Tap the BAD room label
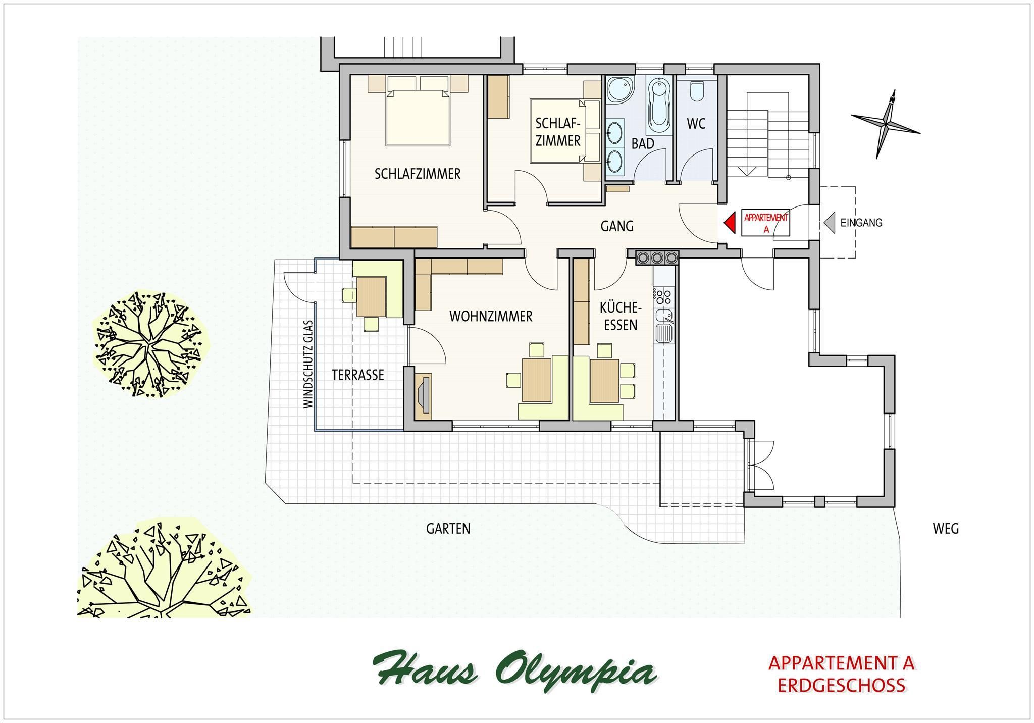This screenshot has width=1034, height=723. pos(643,144)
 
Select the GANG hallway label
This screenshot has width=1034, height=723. pos(617,226)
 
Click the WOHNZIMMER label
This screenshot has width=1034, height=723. pos(491,317)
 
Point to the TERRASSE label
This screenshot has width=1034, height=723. pos(358,375)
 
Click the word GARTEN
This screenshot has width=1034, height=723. pos(448,529)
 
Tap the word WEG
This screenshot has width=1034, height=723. pos(946,529)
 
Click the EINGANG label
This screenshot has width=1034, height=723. pos(861,222)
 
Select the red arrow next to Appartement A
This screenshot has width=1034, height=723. pos(729,222)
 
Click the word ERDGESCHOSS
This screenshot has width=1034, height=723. pos(841,685)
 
